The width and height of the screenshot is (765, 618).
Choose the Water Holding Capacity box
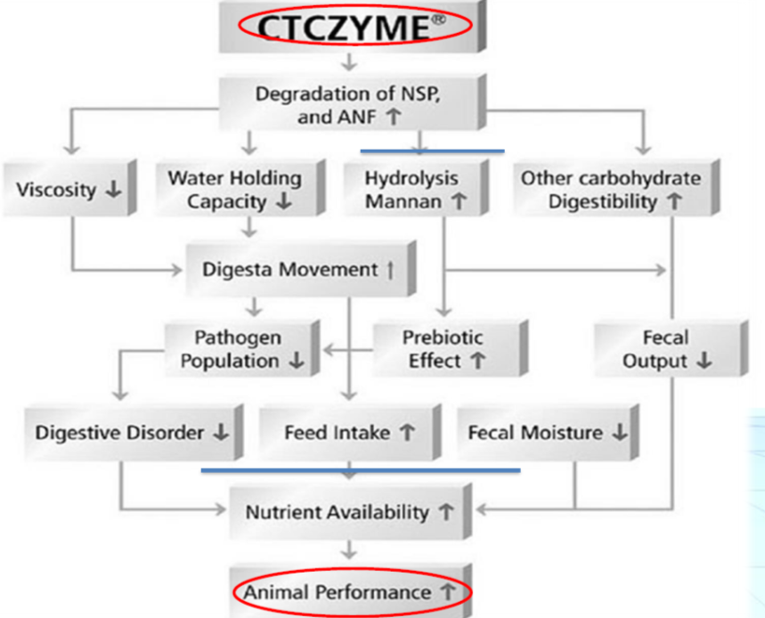[x=235, y=189]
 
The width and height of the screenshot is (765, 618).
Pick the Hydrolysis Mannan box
[x=415, y=189]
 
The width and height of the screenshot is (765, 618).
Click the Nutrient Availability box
[x=349, y=513]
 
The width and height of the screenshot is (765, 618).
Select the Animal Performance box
[x=349, y=591]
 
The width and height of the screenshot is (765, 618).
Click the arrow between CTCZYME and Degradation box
[x=350, y=62]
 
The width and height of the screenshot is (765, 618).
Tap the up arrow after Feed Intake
[x=407, y=433]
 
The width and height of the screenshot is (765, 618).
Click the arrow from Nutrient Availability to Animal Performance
[x=350, y=550]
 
